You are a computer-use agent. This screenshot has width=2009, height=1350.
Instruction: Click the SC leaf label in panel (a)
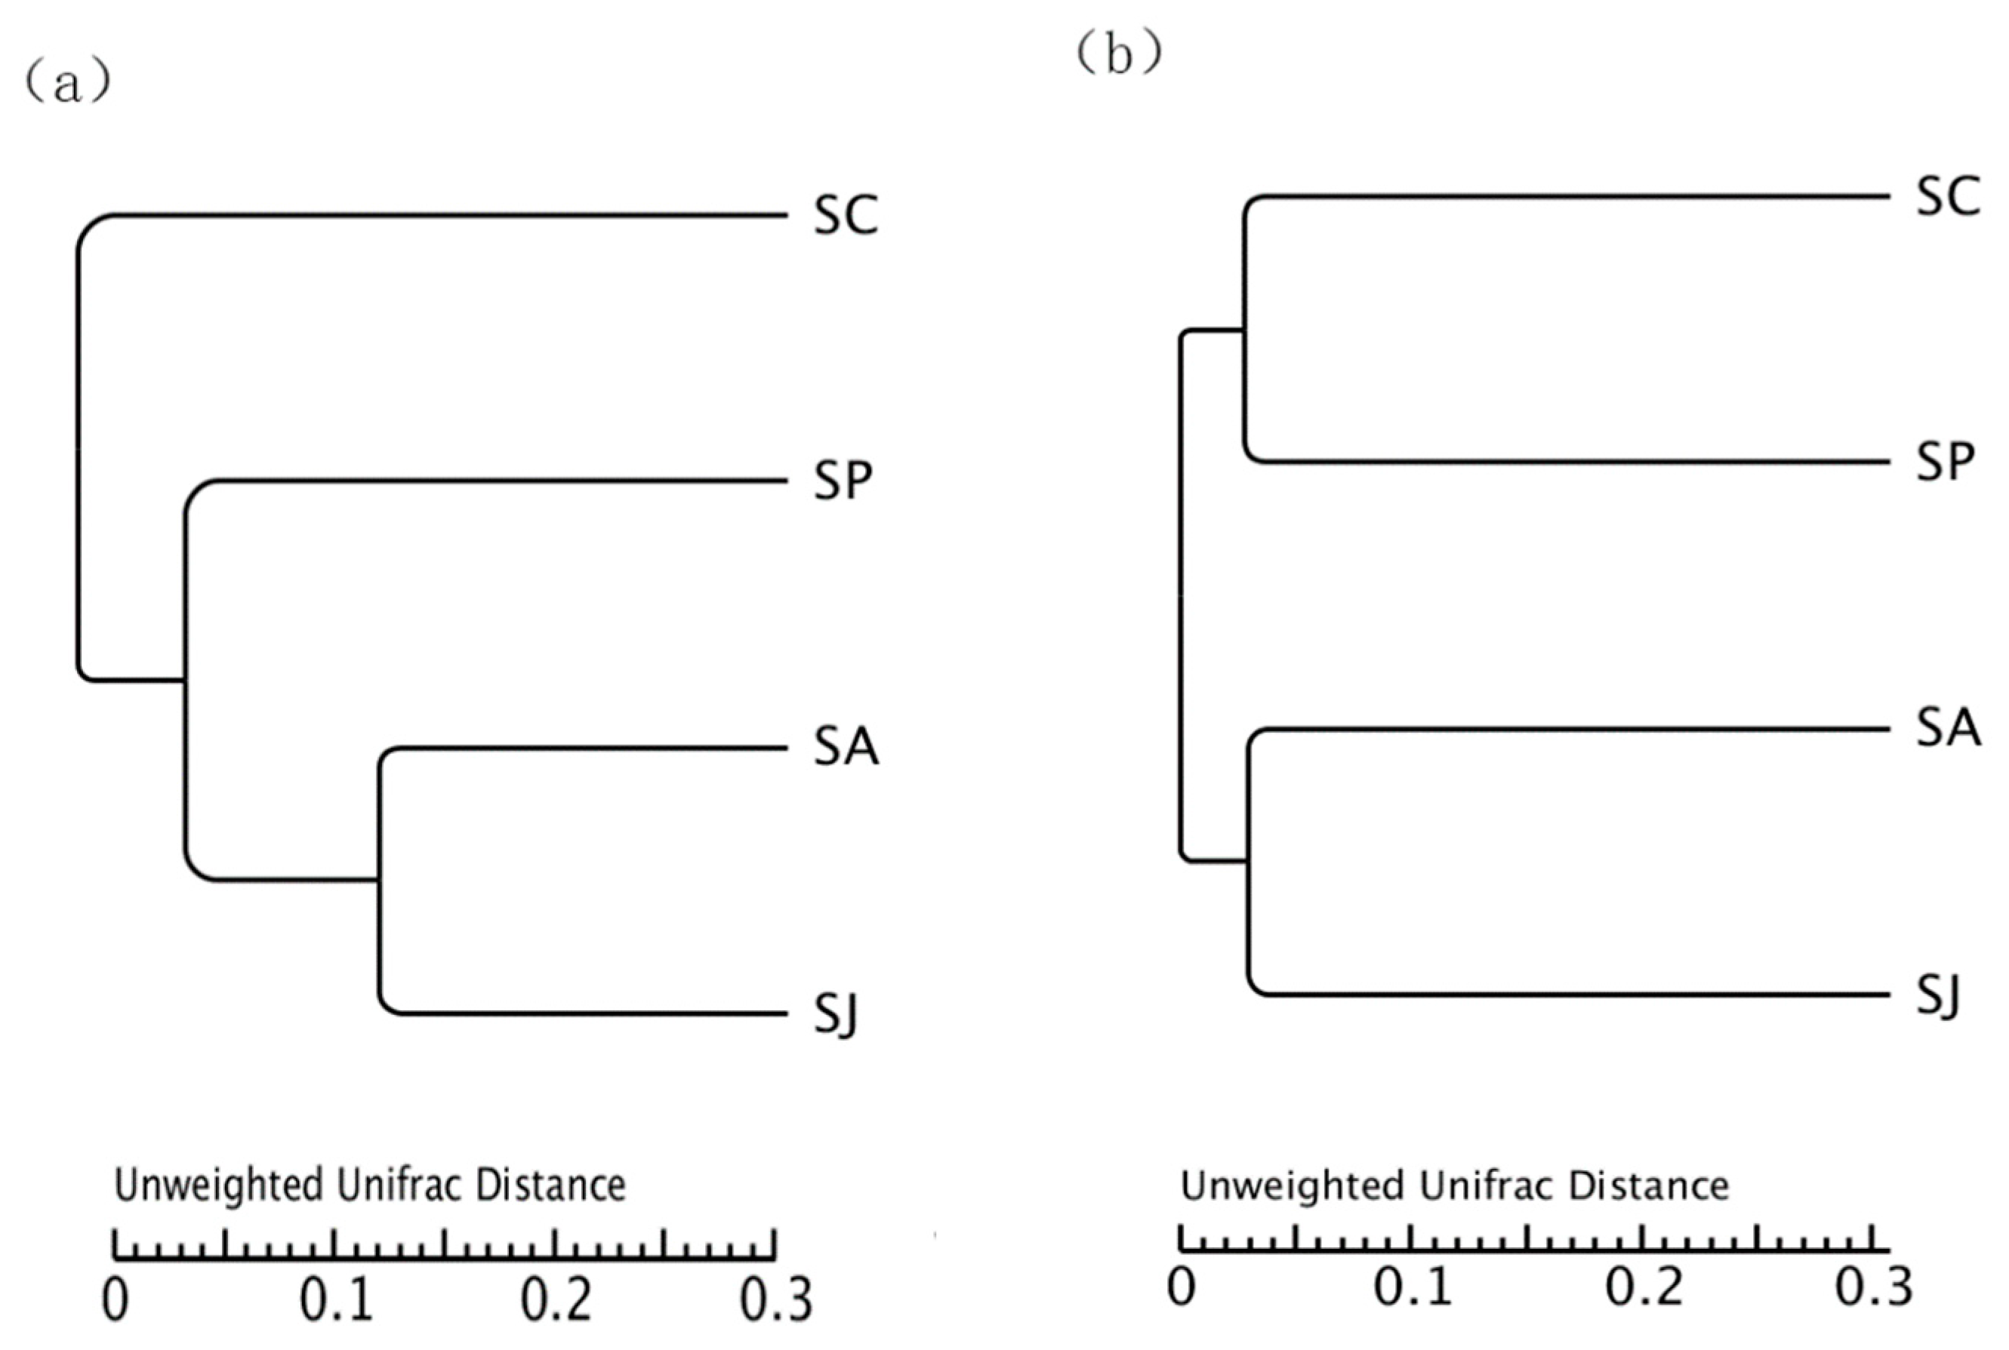[x=846, y=215]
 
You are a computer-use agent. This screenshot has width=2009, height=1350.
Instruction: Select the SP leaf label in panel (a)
[x=842, y=481]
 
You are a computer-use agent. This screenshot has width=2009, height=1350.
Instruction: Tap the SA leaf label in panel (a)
[x=846, y=746]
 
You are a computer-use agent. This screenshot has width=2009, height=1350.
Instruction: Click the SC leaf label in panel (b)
[x=1948, y=196]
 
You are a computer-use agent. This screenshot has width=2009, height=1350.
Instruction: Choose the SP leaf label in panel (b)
[x=1944, y=463]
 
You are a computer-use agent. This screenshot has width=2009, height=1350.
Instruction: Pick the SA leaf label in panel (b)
[x=1948, y=728]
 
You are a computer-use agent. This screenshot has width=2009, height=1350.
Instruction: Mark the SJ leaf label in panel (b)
[x=1937, y=997]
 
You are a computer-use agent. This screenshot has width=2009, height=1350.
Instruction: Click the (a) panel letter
[x=67, y=85]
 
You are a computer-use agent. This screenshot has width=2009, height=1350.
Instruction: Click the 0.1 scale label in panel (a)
[x=336, y=1299]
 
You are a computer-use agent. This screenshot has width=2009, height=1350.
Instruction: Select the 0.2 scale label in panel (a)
[x=556, y=1299]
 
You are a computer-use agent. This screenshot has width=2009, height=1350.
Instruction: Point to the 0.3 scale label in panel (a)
[x=776, y=1299]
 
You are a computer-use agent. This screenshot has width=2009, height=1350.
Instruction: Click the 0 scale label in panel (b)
[x=1182, y=1287]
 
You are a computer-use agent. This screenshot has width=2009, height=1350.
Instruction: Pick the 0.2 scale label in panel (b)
[x=1644, y=1287]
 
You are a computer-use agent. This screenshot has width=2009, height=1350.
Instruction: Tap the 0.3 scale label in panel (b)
[x=1874, y=1287]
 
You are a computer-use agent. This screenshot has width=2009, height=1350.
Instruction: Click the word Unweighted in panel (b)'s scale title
[x=1292, y=1185]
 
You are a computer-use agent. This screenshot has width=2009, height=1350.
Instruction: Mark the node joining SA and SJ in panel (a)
[x=379, y=880]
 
